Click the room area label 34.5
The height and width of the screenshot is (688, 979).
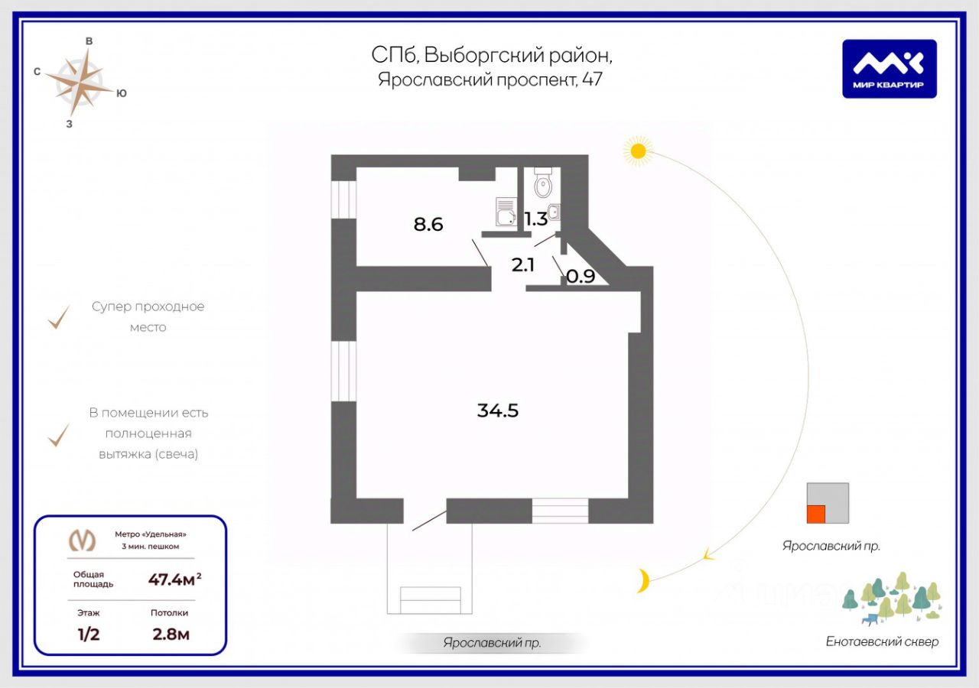coord(498,411)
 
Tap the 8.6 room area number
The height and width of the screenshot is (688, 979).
coord(428,225)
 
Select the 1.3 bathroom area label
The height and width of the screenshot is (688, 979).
coord(535,219)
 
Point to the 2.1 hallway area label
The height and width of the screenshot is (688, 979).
coord(523,265)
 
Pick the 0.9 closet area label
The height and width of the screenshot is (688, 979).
coord(581,277)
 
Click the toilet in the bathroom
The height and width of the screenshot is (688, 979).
coord(543,183)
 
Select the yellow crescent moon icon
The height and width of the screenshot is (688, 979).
coord(644,581)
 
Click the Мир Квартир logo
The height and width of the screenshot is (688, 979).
coord(890,69)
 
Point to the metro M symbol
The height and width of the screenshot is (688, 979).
coord(83,540)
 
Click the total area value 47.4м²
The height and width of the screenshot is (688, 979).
coord(174,579)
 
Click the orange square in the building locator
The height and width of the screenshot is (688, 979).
coord(817,514)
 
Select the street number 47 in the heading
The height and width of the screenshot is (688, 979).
coord(592,80)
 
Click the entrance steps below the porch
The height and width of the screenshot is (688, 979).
coord(431,600)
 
